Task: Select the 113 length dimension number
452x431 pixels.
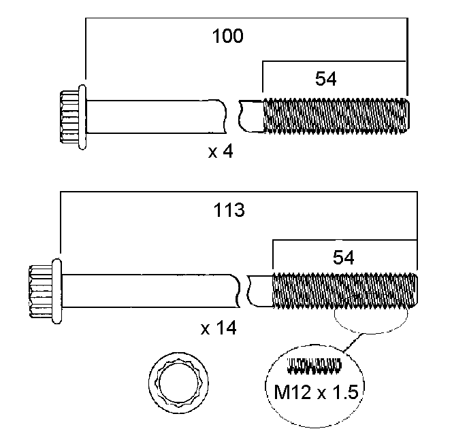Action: pos(230,211)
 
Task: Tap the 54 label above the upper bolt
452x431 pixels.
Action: pos(326,79)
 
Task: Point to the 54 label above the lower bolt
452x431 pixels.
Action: pos(343,256)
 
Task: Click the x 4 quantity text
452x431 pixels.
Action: pos(221,152)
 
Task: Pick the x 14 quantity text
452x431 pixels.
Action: pos(218,329)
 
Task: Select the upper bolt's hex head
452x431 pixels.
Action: pos(68,116)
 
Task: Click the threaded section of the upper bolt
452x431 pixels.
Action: pos(336,116)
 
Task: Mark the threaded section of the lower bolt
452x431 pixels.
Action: pos(344,291)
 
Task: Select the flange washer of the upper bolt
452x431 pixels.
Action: pos(82,116)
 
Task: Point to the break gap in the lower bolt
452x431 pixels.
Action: pos(243,291)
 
